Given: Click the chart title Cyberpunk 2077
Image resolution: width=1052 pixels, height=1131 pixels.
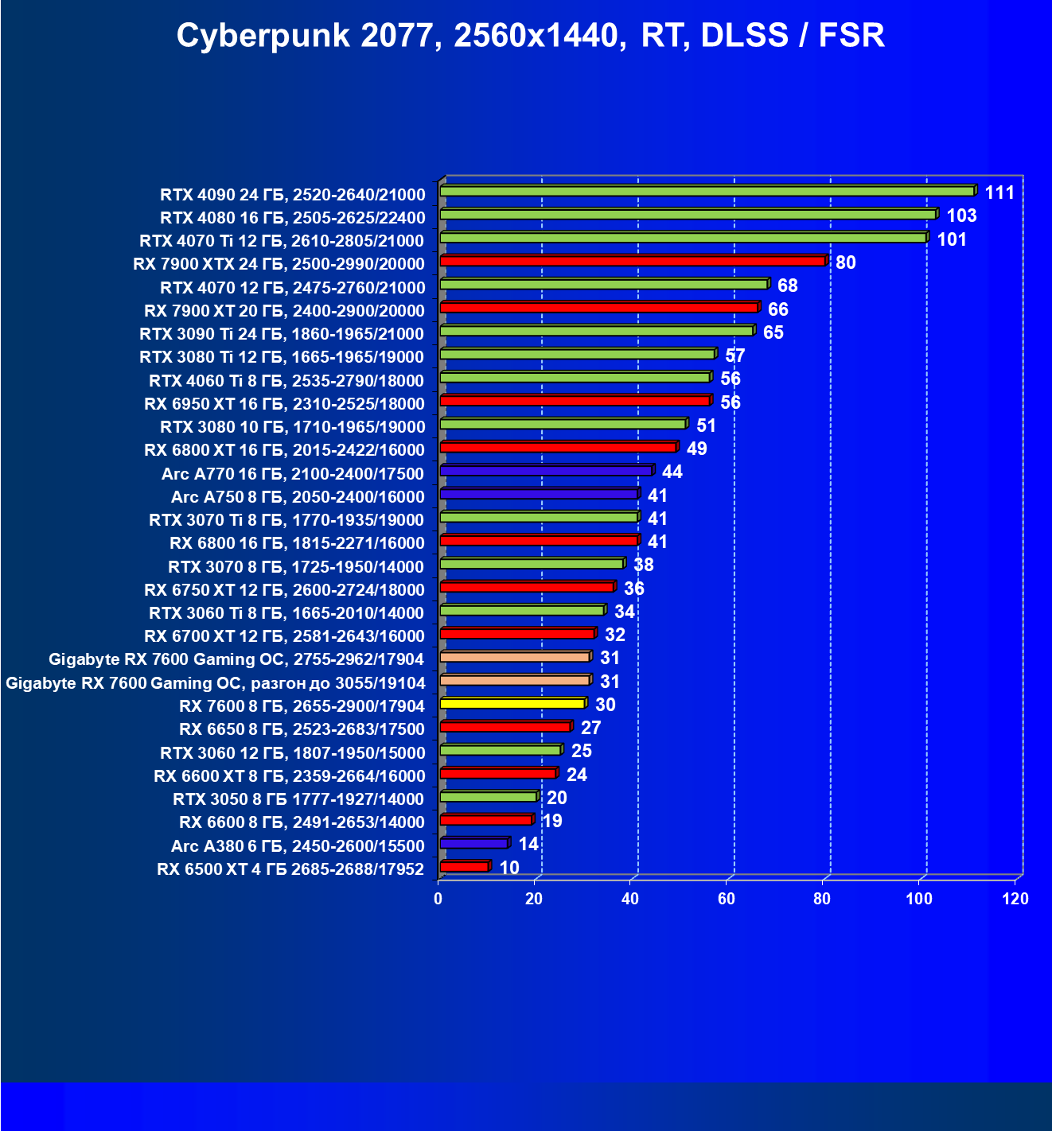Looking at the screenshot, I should (x=530, y=36).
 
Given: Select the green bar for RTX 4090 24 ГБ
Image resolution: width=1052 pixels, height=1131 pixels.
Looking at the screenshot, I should (x=707, y=191).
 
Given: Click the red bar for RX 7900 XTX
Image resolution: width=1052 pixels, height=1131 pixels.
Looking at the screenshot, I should (x=633, y=261).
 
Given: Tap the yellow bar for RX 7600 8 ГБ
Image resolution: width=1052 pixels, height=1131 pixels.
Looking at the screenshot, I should (x=512, y=703).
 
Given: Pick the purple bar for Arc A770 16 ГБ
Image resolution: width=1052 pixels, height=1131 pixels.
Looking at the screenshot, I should (x=545, y=471).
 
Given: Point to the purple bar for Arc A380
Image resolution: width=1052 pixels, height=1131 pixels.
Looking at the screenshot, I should (x=473, y=843).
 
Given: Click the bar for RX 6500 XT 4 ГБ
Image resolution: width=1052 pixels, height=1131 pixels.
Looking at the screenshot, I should (x=464, y=866).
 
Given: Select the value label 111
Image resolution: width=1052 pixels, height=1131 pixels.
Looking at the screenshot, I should (x=999, y=192).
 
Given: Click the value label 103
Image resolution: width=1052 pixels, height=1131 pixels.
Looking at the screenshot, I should (x=961, y=216).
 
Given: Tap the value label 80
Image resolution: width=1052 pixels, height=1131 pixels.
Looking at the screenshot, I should (x=846, y=262).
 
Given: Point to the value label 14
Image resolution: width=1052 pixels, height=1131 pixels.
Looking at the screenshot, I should (x=528, y=844).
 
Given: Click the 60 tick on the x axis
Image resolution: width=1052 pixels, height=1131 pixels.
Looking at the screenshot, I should (x=727, y=900).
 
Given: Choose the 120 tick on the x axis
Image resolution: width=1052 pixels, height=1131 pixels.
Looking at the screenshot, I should (x=1015, y=900).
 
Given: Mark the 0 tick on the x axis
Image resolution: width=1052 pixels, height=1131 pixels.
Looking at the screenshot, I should (x=438, y=900).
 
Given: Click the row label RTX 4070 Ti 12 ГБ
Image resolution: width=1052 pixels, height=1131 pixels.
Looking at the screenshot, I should (x=282, y=241).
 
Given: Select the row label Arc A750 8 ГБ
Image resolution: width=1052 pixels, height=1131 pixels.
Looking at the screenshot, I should (x=298, y=497).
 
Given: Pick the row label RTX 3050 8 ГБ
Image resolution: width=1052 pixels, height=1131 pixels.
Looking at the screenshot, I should (x=298, y=799).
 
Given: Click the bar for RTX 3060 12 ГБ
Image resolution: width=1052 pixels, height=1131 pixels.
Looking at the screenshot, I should (x=500, y=750).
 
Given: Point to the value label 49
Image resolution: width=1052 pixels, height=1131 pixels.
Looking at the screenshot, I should (x=697, y=449).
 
